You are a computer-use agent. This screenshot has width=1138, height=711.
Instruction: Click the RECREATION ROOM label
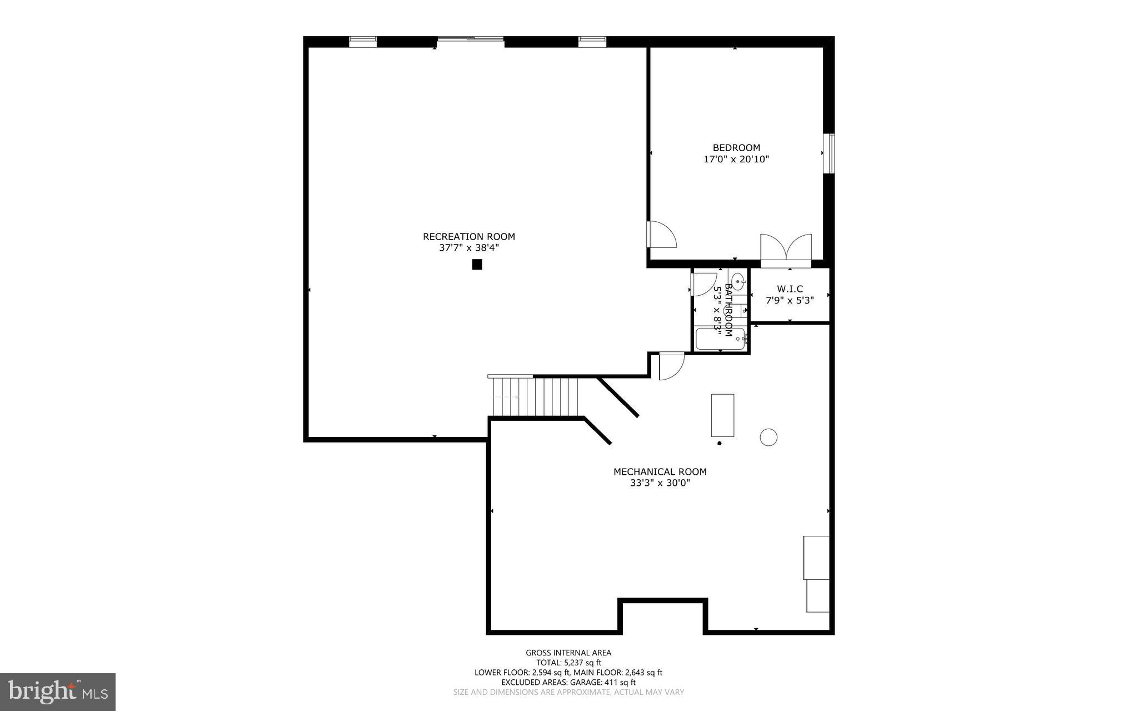click(468, 236)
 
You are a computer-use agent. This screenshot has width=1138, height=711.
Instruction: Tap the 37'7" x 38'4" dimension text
click(468, 248)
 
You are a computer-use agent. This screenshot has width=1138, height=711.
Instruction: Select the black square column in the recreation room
click(477, 265)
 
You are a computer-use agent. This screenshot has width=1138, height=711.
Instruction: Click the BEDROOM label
click(736, 148)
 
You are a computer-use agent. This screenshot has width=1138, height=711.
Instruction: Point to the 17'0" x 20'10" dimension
click(736, 160)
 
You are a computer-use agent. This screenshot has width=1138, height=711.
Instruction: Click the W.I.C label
click(790, 289)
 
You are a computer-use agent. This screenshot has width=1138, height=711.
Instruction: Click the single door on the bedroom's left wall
click(661, 235)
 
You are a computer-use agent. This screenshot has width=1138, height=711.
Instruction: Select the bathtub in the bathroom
click(720, 339)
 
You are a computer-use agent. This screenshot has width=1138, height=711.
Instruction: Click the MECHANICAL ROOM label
click(660, 472)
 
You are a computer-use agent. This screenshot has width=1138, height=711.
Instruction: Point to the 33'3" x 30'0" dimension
click(660, 483)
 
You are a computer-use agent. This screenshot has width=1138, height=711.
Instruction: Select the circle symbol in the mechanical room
click(768, 437)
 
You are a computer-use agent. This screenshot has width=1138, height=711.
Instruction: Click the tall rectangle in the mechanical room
click(722, 415)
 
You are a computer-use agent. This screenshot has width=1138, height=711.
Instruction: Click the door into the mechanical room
click(671, 366)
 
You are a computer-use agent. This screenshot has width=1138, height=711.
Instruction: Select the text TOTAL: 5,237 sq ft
click(568, 663)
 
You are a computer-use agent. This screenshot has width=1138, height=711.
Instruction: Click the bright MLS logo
click(57, 692)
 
